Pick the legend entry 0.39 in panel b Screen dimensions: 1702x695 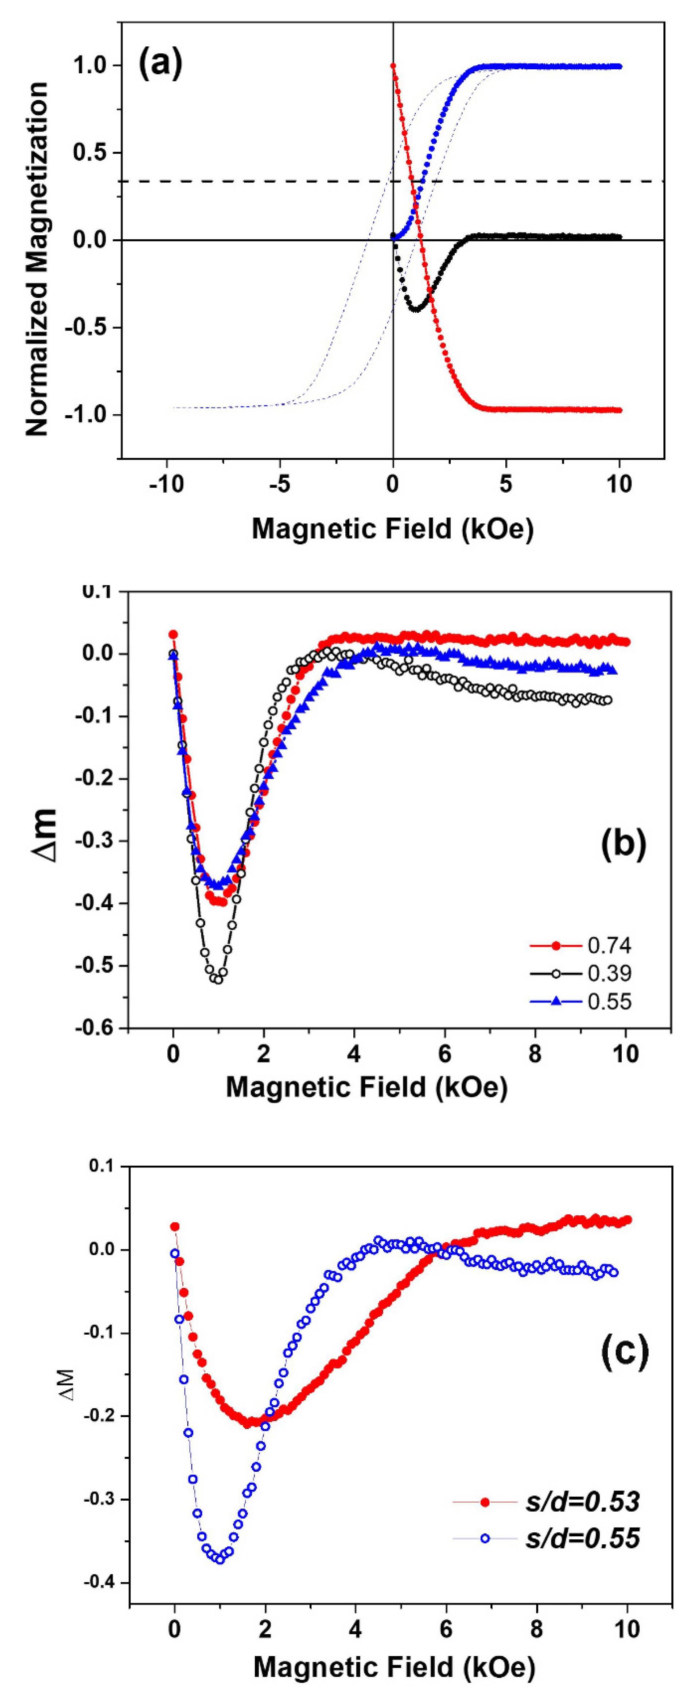609,973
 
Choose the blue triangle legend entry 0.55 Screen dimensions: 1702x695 609,1001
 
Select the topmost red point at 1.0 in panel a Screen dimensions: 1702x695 393,65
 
